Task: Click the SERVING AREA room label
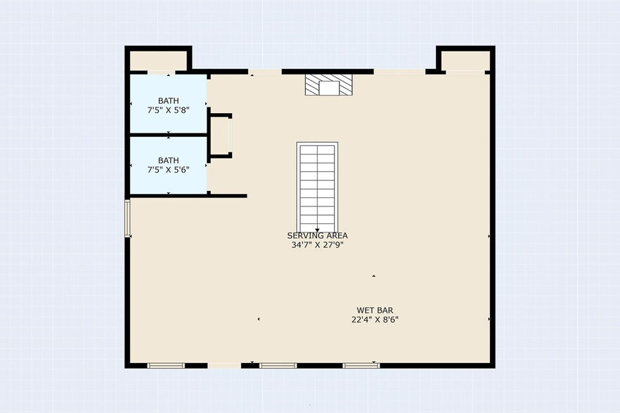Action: [x=317, y=235]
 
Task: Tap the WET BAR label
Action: [x=375, y=310]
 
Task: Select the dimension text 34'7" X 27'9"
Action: [x=317, y=245]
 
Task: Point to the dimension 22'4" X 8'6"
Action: [x=375, y=320]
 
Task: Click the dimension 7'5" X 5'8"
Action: [x=169, y=110]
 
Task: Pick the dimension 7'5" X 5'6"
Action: [x=169, y=170]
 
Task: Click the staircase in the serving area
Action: [x=317, y=188]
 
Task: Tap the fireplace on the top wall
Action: [x=329, y=84]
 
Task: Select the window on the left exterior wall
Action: [x=128, y=218]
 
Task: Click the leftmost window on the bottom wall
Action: [x=166, y=365]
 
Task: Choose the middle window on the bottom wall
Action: [x=278, y=365]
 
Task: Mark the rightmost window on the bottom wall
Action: [x=361, y=365]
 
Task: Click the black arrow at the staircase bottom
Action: [x=317, y=230]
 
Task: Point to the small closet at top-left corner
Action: [x=159, y=60]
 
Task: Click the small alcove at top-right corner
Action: [x=465, y=60]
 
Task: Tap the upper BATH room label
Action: [x=169, y=100]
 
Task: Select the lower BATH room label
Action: [x=169, y=160]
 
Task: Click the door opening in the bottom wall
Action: [x=224, y=365]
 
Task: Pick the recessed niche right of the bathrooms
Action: [x=220, y=136]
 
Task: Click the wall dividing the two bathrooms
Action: [x=169, y=135]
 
